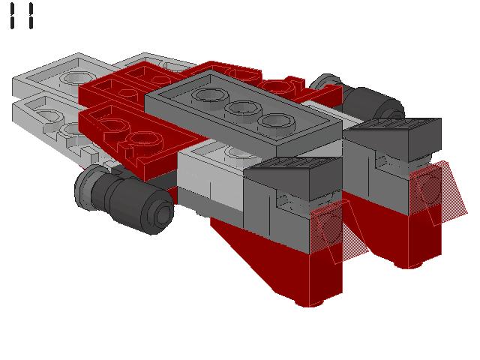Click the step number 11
click(x=22, y=16)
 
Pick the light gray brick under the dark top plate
click(x=214, y=176)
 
